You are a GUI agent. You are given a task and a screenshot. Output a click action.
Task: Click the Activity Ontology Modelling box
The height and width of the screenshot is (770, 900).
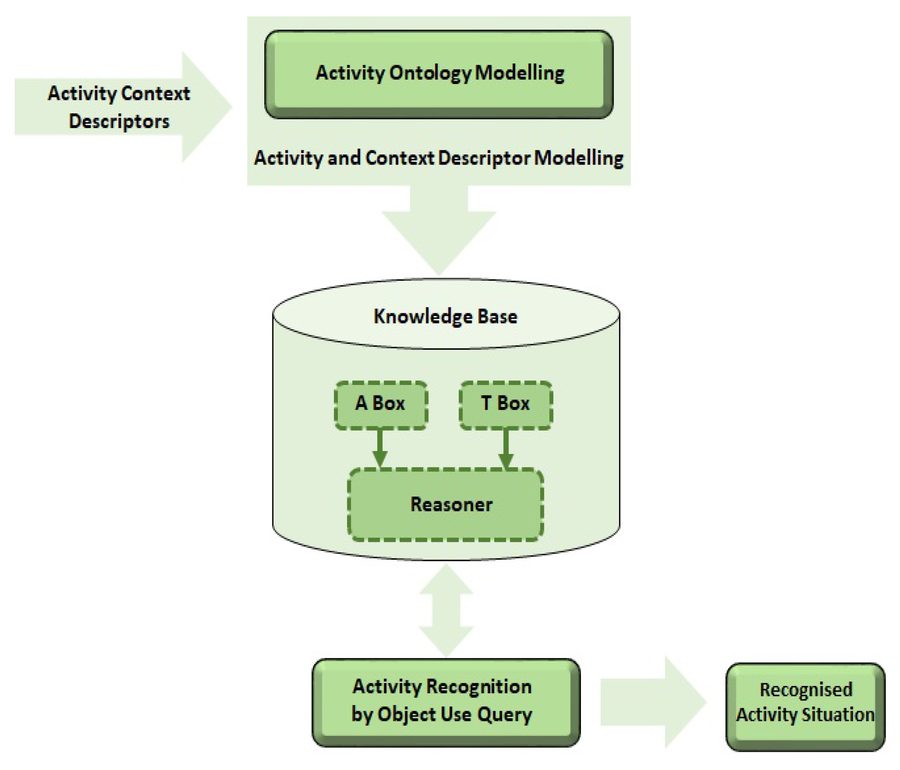coord(439,74)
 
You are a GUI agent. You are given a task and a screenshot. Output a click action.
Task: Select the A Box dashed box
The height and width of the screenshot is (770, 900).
coord(380,405)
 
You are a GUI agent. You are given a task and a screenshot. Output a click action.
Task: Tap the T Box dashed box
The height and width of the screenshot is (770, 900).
coord(506,405)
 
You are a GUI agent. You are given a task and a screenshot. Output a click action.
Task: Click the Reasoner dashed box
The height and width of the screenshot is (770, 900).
coord(445,504)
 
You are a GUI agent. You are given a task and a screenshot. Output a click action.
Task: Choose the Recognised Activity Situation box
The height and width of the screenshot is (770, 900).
coord(805,701)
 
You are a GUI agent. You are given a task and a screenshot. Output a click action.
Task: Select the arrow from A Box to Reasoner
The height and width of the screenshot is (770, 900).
coord(380,448)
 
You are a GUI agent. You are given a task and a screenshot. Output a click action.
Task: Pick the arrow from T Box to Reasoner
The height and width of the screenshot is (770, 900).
coord(506,448)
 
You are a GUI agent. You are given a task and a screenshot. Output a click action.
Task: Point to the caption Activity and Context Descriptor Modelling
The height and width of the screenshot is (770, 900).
coord(439,158)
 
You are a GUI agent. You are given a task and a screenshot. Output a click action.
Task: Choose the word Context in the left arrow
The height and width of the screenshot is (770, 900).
coord(155,93)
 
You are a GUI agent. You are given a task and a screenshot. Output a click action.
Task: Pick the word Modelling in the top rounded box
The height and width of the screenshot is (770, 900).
coord(520,73)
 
